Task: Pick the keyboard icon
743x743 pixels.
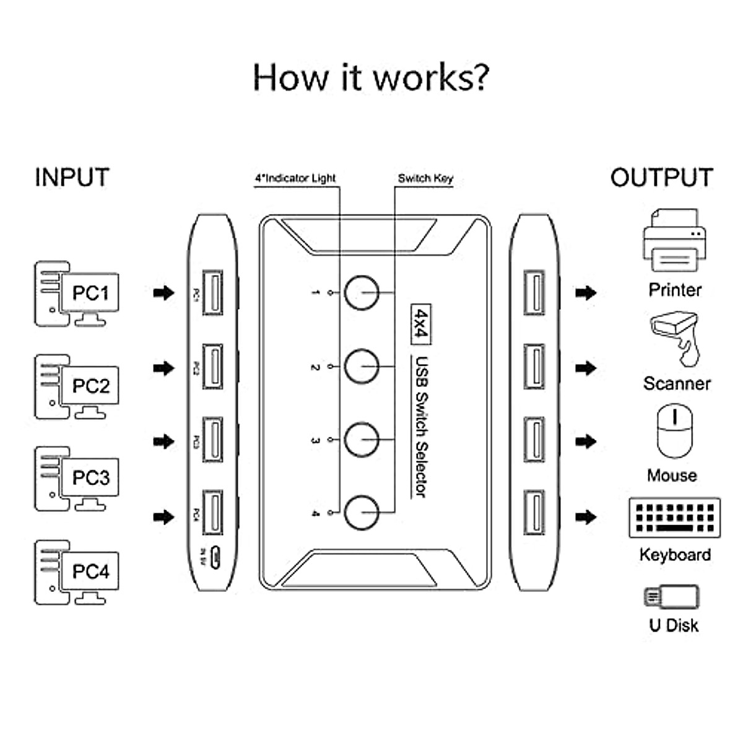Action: tap(674, 518)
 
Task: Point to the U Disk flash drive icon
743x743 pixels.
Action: tap(672, 597)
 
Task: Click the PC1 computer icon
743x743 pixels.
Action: tap(77, 293)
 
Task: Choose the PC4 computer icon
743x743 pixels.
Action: tap(77, 572)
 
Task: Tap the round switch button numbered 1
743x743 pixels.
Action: tap(361, 292)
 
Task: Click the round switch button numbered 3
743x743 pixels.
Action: tap(361, 440)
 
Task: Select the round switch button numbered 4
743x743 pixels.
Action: tap(361, 513)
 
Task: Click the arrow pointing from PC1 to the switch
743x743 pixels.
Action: tap(164, 293)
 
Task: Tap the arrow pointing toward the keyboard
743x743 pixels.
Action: tap(586, 517)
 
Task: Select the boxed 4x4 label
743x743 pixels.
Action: tap(421, 324)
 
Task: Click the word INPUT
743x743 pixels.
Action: tap(72, 178)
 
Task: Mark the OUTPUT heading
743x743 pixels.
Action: tap(661, 178)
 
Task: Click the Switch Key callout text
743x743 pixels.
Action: tap(425, 178)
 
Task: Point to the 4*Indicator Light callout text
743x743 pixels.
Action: tap(295, 178)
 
